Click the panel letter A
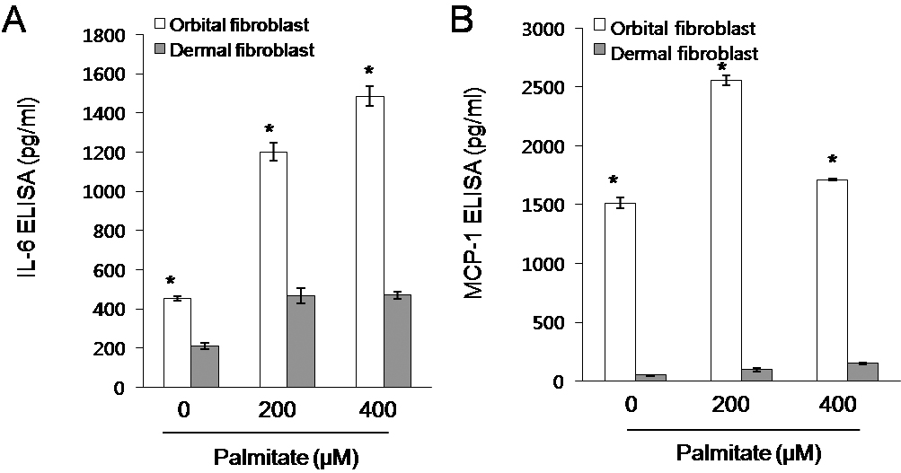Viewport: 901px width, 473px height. click(x=15, y=21)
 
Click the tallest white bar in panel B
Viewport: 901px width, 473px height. click(x=726, y=230)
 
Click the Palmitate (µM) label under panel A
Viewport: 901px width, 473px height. click(x=286, y=459)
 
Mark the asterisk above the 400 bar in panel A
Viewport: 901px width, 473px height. click(x=393, y=72)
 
